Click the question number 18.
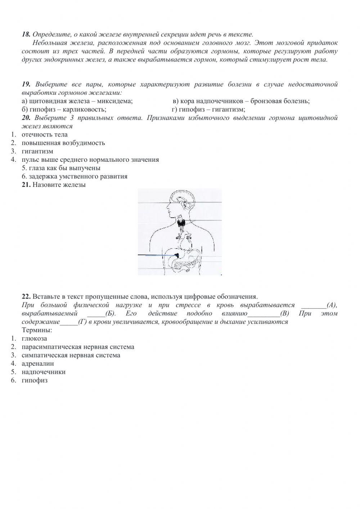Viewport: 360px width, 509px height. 26,35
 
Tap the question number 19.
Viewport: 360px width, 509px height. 26,85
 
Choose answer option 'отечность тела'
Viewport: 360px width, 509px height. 44,135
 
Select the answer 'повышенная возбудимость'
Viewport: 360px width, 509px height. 63,143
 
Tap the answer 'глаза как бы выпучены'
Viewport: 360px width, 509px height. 61,168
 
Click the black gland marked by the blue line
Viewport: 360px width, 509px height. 177,255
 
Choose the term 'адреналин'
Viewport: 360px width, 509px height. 37,364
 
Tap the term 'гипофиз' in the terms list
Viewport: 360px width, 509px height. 34,380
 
